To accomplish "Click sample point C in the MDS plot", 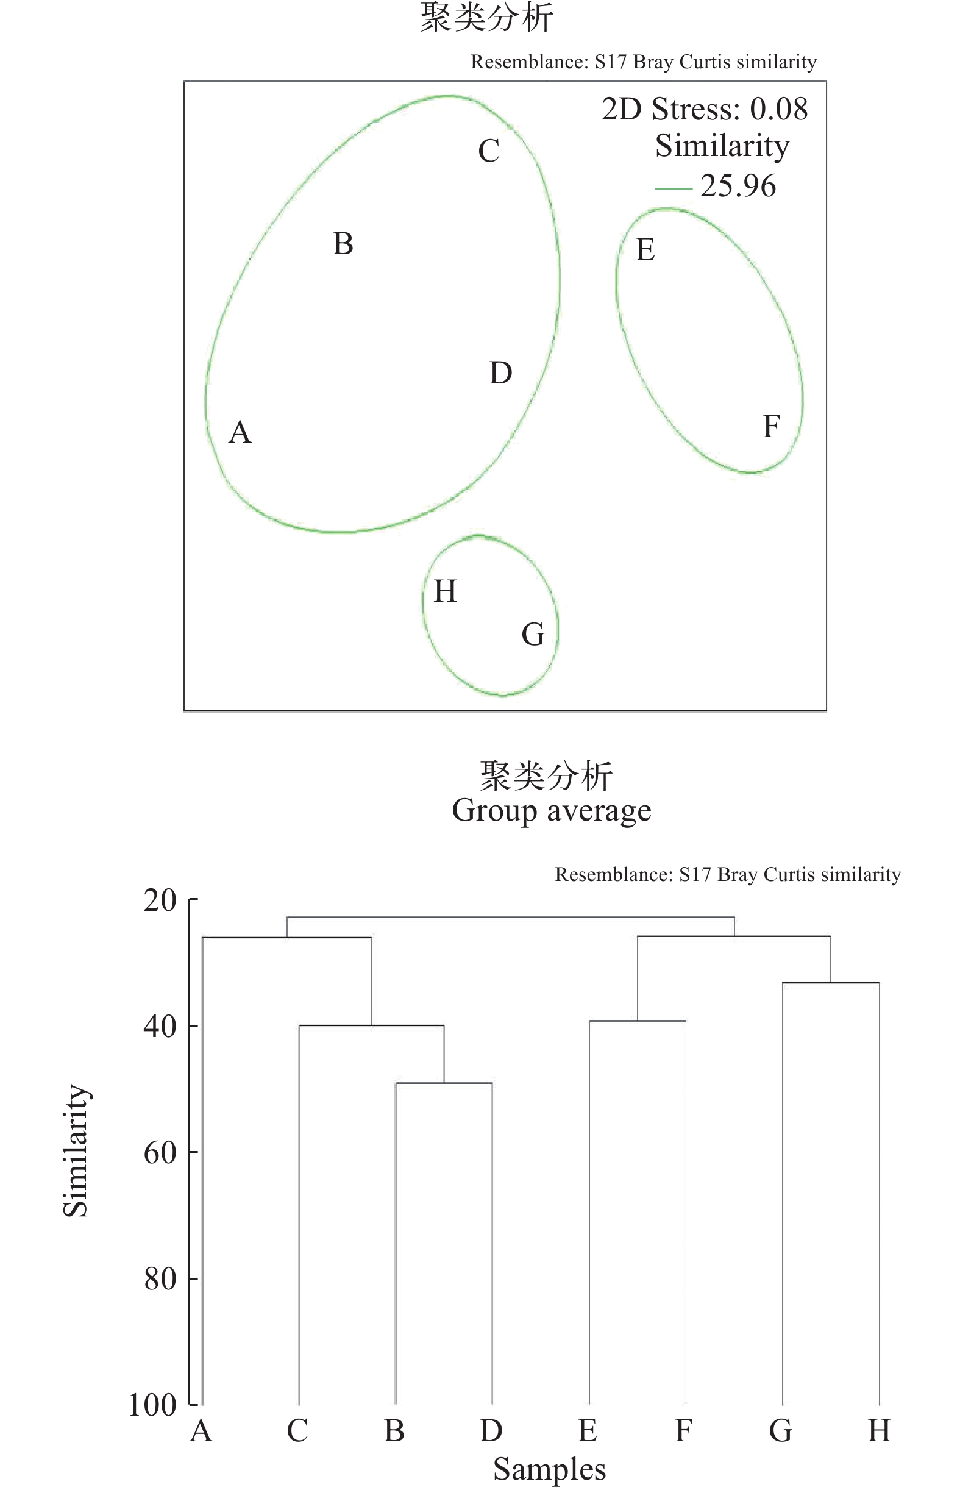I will (489, 151).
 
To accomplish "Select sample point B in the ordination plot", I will (343, 244).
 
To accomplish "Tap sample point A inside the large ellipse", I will (240, 432).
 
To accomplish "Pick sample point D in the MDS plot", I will (500, 373).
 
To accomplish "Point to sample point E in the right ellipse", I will (645, 250).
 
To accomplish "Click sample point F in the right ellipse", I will (771, 426).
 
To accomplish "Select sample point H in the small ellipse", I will (445, 591).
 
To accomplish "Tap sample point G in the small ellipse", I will (533, 634).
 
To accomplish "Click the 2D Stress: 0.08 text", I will (705, 109).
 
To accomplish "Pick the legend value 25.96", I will (738, 186).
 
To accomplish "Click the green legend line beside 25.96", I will (674, 188).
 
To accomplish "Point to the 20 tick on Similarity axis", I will (160, 900).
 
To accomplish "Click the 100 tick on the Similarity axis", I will (153, 1405).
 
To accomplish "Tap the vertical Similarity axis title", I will (76, 1150).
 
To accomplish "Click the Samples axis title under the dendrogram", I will (549, 1468).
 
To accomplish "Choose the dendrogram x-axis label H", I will (879, 1431).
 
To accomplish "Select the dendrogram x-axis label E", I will (587, 1431).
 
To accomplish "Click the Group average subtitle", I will (551, 810).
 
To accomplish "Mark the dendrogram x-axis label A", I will (201, 1431).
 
